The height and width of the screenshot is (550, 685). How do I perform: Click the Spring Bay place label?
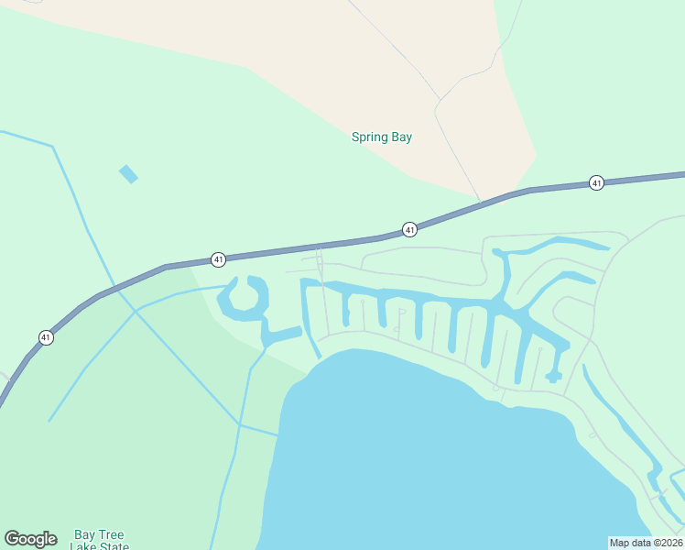pos(382,137)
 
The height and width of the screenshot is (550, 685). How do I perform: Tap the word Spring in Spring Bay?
pos(371,137)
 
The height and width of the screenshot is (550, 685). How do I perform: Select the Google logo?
pos(30,539)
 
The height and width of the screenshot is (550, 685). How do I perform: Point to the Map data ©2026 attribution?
pos(647,543)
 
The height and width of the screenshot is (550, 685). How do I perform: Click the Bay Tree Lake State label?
pos(99,541)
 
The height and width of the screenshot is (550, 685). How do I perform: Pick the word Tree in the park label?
pos(111,534)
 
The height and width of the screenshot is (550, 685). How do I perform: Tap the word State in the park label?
pos(113,546)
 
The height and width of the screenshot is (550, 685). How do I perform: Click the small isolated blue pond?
pos(128,173)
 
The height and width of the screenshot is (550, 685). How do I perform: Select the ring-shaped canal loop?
pos(243,298)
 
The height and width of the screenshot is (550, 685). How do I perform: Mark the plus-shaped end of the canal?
pos(553,376)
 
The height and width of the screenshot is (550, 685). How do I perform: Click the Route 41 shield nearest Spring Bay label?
pos(409,229)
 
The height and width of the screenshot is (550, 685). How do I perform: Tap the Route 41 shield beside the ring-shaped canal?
pos(218,259)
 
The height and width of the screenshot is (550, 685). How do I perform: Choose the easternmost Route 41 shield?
pos(596,182)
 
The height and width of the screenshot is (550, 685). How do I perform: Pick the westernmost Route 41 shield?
pos(46,337)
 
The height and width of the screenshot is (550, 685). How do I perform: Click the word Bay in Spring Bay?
pos(401,137)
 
